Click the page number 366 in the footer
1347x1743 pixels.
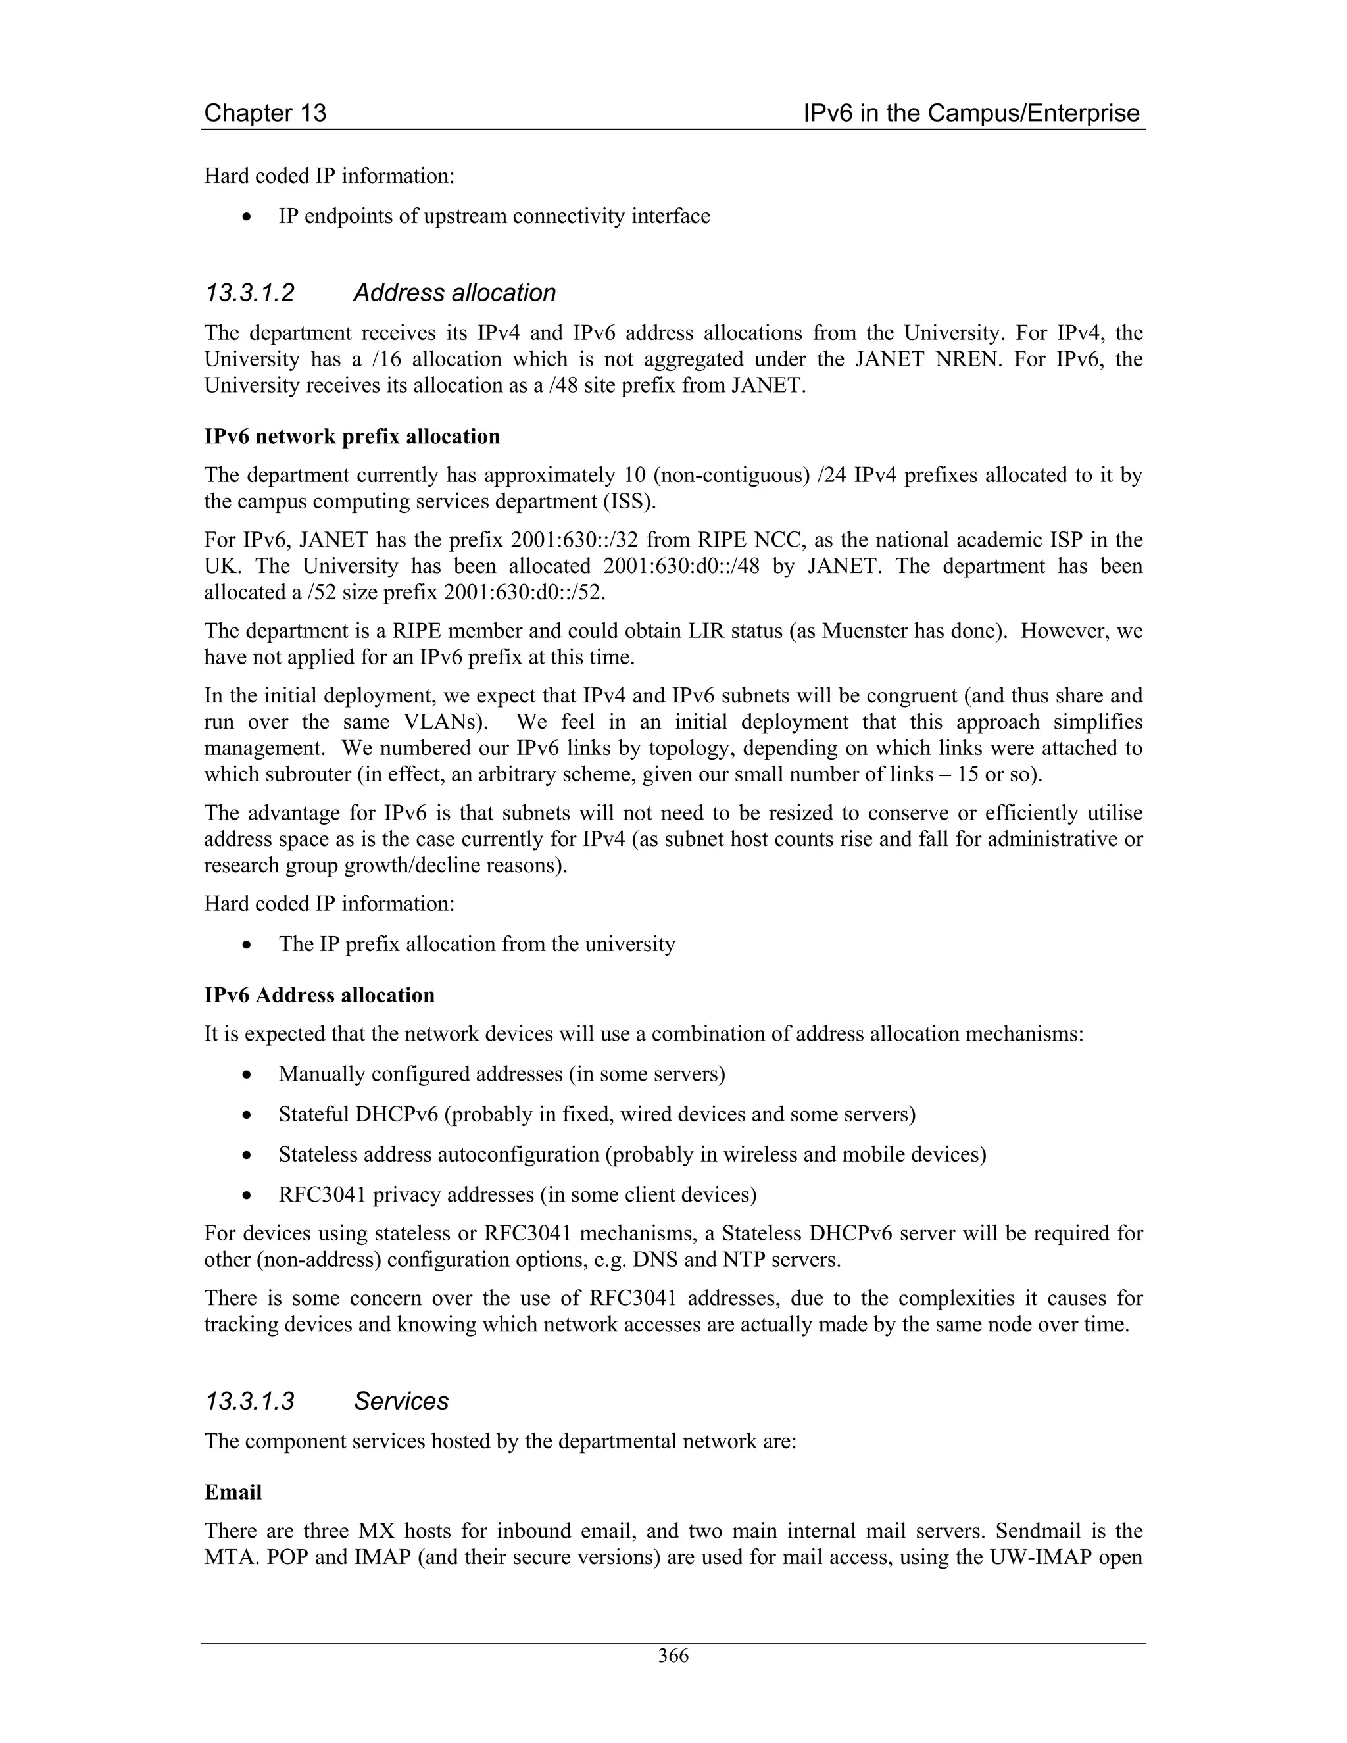(x=673, y=1656)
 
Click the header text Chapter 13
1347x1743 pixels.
(x=265, y=113)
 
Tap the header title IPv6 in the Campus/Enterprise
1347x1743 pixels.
(x=971, y=113)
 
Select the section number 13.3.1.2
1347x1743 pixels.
(x=250, y=293)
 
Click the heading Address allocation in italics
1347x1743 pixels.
(x=454, y=293)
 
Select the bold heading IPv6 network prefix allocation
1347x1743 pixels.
(x=352, y=437)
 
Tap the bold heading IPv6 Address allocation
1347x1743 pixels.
(x=319, y=995)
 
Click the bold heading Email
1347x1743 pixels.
(x=233, y=1492)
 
